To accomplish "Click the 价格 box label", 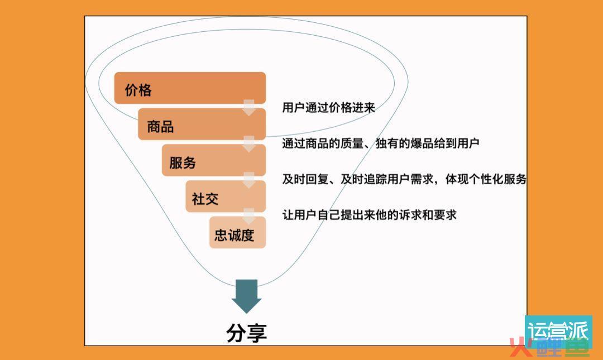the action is tap(138, 90).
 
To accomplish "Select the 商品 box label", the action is tap(160, 127).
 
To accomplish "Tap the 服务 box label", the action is tap(183, 162).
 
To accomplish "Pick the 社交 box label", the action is tap(205, 199).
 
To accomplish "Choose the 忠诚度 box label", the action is tap(234, 235).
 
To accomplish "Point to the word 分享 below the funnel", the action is tap(247, 333).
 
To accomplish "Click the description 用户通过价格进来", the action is tap(328, 107).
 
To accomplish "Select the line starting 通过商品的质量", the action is tap(381, 143).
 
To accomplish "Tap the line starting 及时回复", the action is tap(404, 179).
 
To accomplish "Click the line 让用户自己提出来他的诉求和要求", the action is tap(369, 215).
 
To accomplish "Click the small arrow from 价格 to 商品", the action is tap(249, 108).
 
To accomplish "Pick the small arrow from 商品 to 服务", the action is tap(249, 144).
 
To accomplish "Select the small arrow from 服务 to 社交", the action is tap(249, 180).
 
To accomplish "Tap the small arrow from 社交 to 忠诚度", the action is tap(249, 216).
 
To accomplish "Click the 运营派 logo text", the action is tap(558, 330).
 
